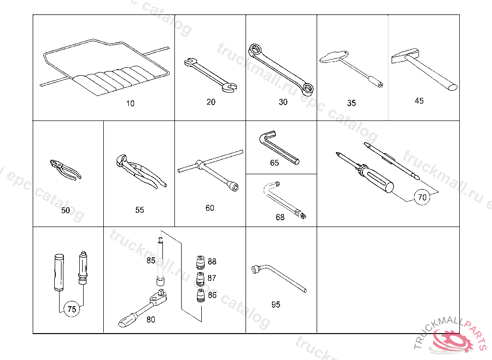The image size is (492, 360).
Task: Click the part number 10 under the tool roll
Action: point(131,103)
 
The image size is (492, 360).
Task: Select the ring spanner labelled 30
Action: point(282,67)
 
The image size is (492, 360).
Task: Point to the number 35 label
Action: point(352,103)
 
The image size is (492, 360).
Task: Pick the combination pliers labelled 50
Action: point(65,170)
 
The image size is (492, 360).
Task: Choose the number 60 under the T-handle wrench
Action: point(210,208)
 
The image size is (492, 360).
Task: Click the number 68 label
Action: point(280,217)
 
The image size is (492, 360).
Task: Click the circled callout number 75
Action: point(71,310)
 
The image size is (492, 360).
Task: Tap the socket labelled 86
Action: point(201,296)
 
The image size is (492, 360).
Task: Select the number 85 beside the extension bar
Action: point(151,261)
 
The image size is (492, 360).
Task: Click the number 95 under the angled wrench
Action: point(276,305)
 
